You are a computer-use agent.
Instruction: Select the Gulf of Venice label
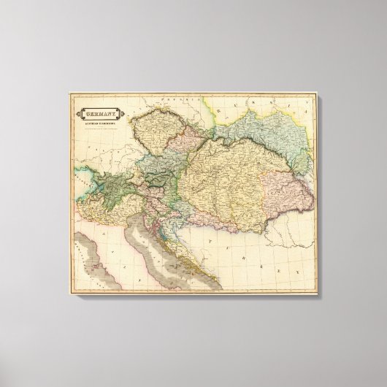[150, 234]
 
